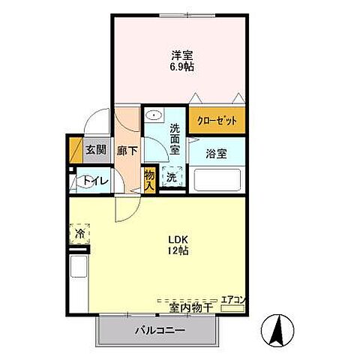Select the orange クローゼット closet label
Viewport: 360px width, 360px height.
215,120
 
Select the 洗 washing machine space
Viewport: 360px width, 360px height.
172,178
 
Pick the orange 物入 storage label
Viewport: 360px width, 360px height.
149,179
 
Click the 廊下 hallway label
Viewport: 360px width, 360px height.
127,150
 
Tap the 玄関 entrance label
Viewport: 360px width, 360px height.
95,150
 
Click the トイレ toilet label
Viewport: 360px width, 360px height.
96,181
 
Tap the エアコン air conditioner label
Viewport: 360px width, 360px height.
232,299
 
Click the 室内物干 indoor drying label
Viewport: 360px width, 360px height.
191,307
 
